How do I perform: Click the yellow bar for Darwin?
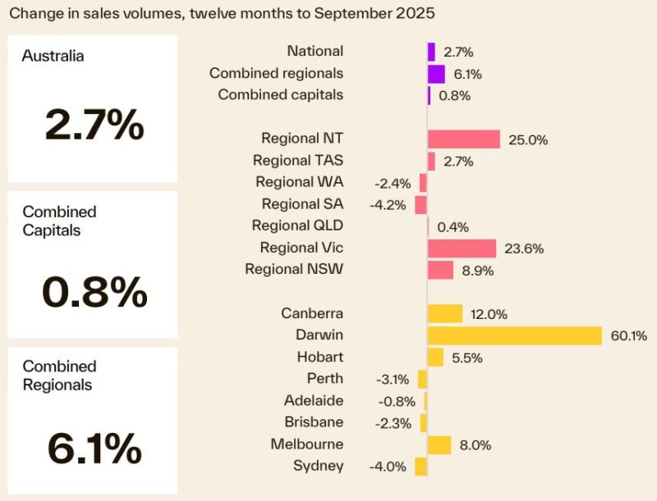515,335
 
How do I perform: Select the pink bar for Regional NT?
464,139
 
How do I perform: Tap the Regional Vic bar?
462,248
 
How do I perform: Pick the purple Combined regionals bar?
436,74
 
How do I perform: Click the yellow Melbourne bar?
439,444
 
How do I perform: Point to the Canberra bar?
445,313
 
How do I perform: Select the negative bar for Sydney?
421,467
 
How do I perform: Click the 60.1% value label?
628,335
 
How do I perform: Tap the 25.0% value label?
527,139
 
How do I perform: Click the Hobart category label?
320,357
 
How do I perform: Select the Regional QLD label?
297,225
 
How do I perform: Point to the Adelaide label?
314,401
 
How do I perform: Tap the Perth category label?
325,379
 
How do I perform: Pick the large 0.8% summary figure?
94,291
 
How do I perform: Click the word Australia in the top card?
53,56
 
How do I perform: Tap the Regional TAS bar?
431,161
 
